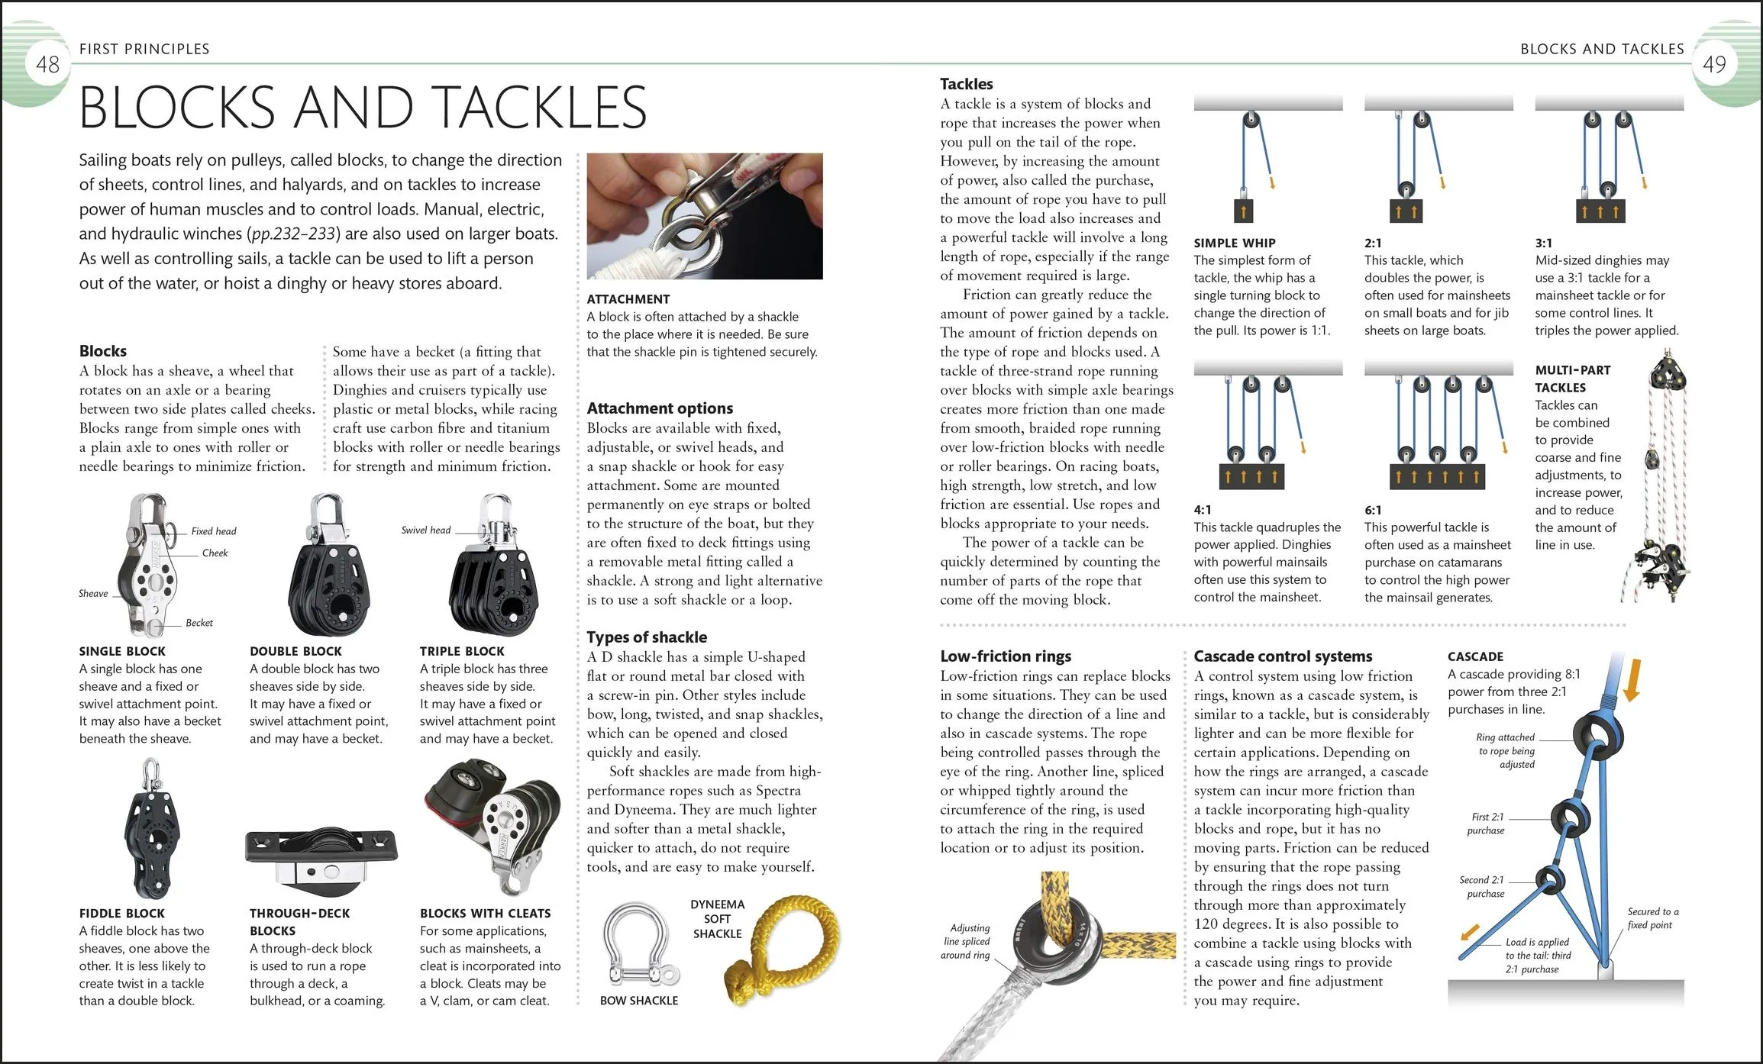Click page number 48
coord(47,64)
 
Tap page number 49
coord(1714,64)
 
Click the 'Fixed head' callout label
coord(213,531)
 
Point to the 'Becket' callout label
coord(199,623)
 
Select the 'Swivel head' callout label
coord(425,530)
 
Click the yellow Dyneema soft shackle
coord(783,946)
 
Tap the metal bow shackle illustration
coord(638,946)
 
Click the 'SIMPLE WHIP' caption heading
coord(1234,243)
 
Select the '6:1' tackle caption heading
coord(1373,510)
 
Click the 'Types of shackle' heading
coord(647,637)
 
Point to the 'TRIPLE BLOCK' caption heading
coord(462,651)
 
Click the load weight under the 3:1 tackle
coord(1600,211)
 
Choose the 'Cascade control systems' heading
coord(1283,656)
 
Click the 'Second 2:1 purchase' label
coord(1484,887)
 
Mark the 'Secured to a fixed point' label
coord(1652,918)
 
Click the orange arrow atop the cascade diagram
coord(1632,679)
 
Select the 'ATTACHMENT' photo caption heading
coord(628,299)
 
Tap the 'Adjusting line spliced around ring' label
coord(966,941)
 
